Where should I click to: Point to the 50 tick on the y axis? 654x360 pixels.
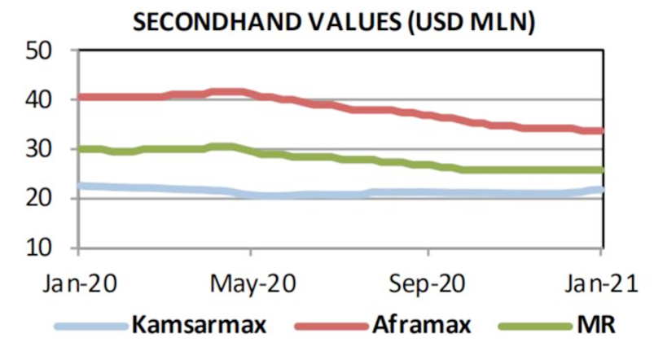tap(56, 50)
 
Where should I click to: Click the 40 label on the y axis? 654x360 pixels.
tap(56, 99)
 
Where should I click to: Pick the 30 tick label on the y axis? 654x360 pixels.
tap(56, 149)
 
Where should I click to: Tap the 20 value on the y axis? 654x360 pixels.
tap(56, 198)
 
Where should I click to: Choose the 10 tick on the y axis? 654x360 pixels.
tap(56, 248)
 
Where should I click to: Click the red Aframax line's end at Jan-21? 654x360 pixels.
tap(600, 130)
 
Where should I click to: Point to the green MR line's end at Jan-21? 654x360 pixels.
tap(600, 169)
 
